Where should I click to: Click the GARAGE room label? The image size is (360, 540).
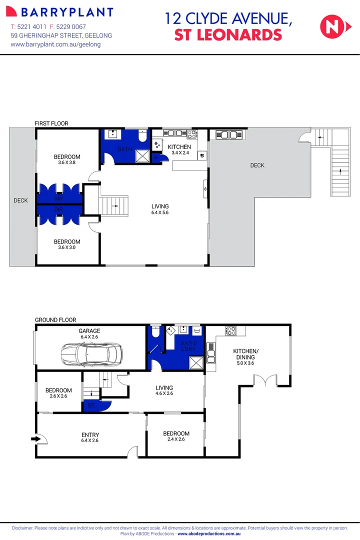tap(89, 331)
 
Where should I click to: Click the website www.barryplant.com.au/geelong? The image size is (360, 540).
tap(55, 44)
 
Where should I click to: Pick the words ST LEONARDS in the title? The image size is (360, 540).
tap(227, 35)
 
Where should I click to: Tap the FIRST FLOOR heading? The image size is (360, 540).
tap(51, 123)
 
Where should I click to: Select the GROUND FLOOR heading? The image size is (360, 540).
tap(55, 320)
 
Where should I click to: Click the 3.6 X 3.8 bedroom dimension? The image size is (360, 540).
tap(67, 163)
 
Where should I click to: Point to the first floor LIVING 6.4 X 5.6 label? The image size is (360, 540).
tap(160, 209)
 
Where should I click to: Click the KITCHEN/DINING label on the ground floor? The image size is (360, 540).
tap(244, 354)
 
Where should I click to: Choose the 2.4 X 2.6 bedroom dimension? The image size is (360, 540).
tap(176, 439)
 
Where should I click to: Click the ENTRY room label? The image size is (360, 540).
tap(90, 435)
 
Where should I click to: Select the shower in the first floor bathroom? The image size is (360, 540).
tap(142, 155)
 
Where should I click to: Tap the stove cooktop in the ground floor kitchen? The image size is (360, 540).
tap(230, 330)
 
